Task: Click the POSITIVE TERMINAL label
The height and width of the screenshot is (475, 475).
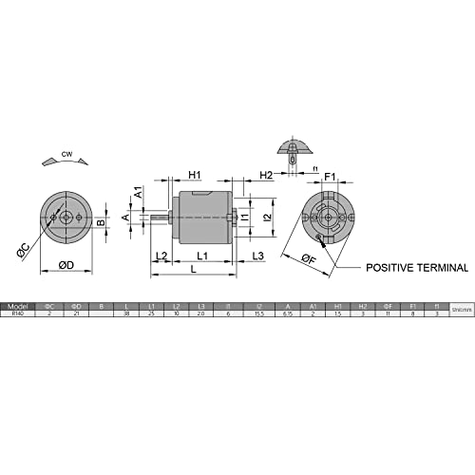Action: [x=417, y=268]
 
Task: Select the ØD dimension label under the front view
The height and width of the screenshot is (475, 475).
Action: [x=67, y=263]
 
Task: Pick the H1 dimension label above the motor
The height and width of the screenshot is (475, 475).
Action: [x=194, y=175]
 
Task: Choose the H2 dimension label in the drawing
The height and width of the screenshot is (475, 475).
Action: [x=267, y=175]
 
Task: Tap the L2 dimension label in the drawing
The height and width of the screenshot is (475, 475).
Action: [x=161, y=256]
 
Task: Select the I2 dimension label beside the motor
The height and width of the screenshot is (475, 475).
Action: [x=269, y=218]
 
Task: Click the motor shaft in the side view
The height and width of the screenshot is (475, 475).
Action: [x=158, y=218]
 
